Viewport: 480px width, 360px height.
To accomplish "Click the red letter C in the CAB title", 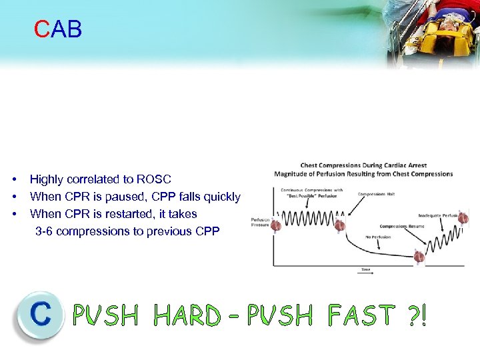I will point(43,29).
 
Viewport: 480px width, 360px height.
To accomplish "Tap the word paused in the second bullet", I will point(128,197).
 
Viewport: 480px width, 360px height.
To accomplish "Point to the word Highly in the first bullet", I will point(46,179).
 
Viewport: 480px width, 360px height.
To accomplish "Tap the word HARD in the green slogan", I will point(187,315).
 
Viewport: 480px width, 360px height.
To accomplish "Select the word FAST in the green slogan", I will point(360,315).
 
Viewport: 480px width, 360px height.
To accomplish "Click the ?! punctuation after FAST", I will point(415,315).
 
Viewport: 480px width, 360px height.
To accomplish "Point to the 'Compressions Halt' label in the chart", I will point(376,195).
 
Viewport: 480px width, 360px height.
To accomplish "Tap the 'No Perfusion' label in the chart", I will point(378,237).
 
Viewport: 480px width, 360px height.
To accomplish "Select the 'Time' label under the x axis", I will point(366,269).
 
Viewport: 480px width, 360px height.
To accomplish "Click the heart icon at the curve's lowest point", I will point(419,257).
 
